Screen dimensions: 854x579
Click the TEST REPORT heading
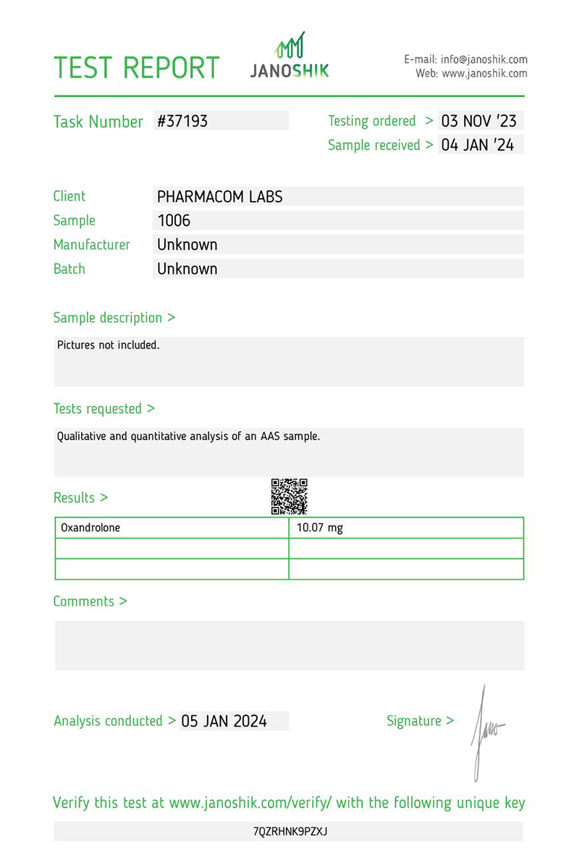(x=136, y=67)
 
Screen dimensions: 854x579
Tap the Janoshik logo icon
(x=289, y=45)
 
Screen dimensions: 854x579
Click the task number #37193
(x=182, y=121)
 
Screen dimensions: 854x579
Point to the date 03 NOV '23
(x=479, y=121)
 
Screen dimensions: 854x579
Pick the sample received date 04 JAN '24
(x=478, y=145)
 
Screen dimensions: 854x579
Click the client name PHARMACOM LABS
(x=219, y=196)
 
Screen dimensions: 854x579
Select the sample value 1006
(x=174, y=221)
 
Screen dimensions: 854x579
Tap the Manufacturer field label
(x=91, y=245)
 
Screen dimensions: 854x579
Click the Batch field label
(x=69, y=269)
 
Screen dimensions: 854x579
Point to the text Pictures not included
(x=108, y=345)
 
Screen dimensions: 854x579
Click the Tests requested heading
(x=103, y=409)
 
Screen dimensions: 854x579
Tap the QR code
(x=289, y=496)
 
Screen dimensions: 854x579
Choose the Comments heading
(x=90, y=601)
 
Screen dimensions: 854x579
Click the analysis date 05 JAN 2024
(x=224, y=721)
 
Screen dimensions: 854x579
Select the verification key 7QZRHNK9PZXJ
(x=289, y=832)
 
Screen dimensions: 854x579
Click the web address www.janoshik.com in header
(x=483, y=73)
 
